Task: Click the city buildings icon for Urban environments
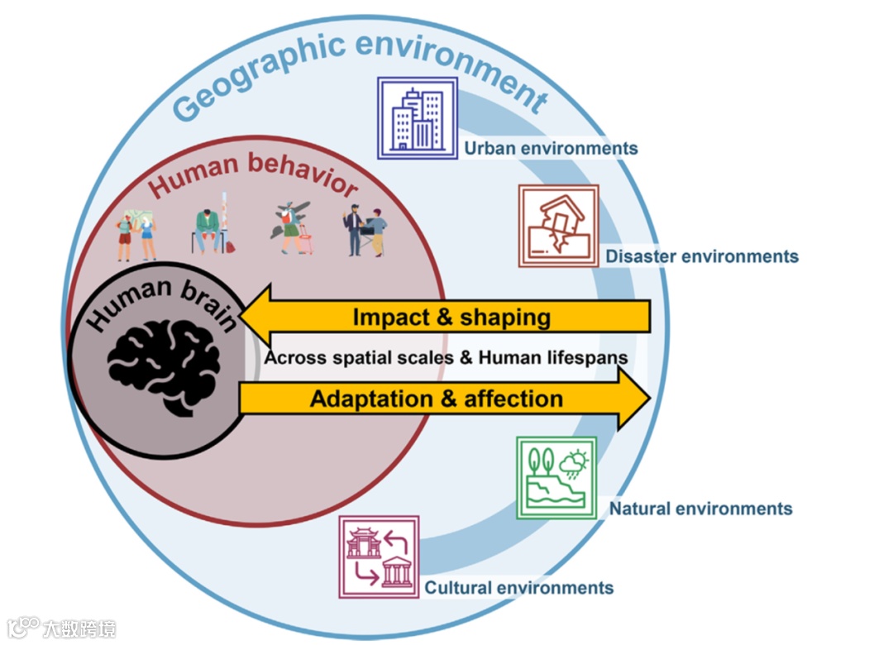point(418,117)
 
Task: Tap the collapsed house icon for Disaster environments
point(558,226)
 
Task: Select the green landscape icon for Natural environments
point(556,477)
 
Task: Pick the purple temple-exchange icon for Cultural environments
point(379,557)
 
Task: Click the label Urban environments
point(551,149)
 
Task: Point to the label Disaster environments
point(702,256)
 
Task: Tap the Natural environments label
point(700,509)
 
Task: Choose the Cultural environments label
point(518,588)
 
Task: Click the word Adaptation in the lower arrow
point(371,399)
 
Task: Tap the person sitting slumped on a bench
point(208,227)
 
